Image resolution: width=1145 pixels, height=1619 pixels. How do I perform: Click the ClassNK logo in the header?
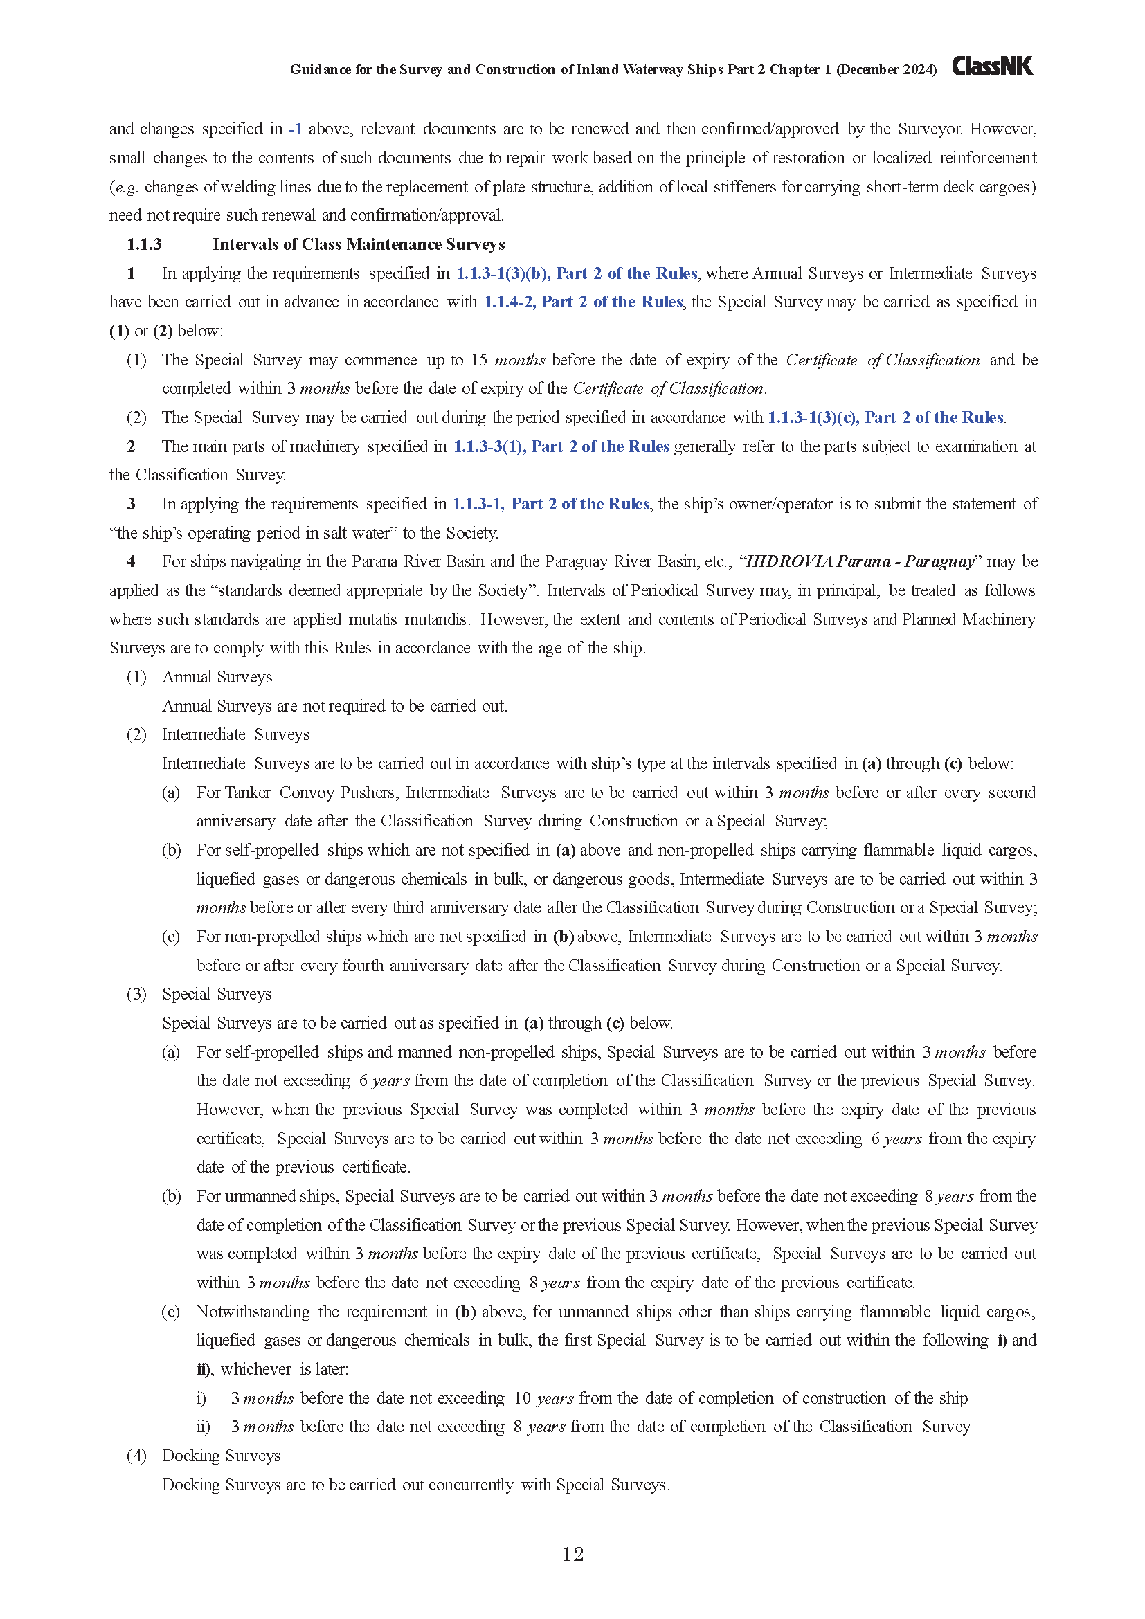pos(992,66)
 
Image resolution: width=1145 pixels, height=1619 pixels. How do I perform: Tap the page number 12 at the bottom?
pos(572,1554)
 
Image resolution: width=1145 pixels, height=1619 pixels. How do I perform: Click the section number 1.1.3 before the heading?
pos(144,244)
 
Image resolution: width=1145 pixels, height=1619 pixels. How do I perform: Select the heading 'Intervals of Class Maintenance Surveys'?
pos(358,244)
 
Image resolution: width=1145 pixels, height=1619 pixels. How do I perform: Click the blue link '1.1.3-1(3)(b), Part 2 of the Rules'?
pos(576,273)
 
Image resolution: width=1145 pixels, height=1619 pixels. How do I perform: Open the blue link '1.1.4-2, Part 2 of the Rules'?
pos(582,302)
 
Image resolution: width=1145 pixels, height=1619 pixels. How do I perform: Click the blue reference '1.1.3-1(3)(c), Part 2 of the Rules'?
pos(885,417)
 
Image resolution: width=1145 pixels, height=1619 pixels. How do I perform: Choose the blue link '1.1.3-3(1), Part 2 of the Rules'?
pos(561,446)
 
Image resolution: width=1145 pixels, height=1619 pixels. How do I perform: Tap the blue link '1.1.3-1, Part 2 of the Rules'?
pos(550,504)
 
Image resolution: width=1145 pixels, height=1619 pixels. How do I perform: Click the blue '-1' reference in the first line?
pos(296,129)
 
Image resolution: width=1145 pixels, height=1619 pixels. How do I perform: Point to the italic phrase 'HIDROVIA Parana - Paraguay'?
pos(860,561)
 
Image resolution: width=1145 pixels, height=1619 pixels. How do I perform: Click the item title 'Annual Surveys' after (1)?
pos(217,677)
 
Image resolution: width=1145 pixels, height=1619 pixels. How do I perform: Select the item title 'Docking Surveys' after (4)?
pos(221,1456)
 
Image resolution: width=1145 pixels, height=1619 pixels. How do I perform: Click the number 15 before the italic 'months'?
pos(480,360)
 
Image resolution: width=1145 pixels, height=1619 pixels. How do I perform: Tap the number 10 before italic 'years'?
pos(522,1398)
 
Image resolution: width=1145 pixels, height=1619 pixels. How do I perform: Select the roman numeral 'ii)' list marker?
pos(203,1427)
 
